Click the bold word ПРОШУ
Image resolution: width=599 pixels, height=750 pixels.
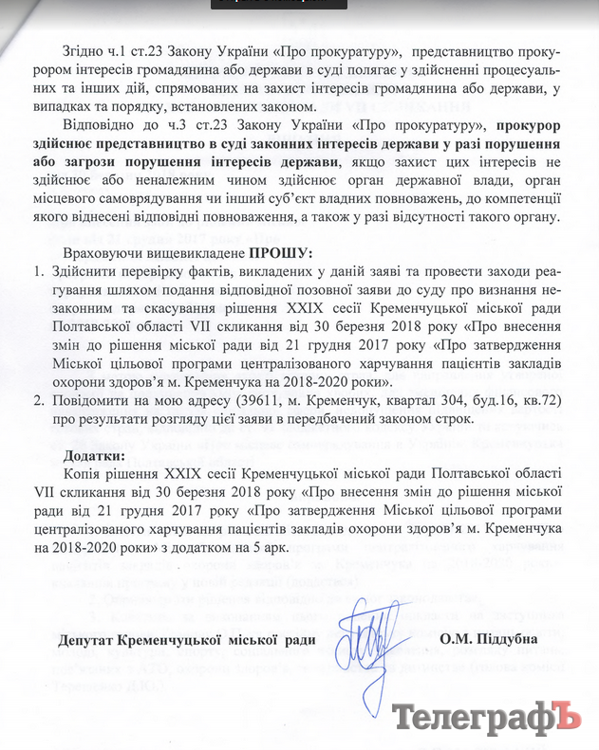tap(281, 253)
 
